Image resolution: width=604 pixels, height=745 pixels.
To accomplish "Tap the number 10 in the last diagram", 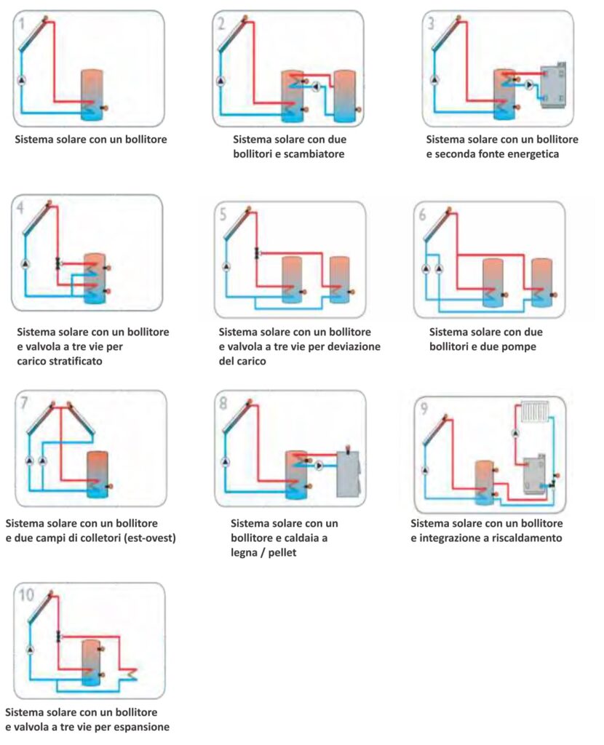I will [x=26, y=596].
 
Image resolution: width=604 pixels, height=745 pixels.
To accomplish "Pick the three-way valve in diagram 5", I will [x=256, y=253].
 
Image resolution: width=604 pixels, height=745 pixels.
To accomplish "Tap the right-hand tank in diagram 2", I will [x=343, y=95].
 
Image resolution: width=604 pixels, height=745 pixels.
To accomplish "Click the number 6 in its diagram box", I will [x=423, y=215].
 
